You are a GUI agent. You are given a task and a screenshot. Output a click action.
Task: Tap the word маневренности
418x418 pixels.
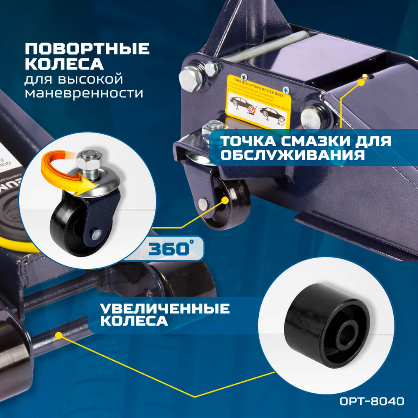84,93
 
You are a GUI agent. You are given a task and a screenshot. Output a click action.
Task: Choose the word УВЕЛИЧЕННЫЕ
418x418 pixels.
165,308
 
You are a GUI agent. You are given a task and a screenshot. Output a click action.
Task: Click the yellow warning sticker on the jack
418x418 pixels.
258,102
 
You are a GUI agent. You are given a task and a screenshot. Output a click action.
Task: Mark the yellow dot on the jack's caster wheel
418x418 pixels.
225,200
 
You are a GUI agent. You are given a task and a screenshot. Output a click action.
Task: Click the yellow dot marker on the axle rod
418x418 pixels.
59,335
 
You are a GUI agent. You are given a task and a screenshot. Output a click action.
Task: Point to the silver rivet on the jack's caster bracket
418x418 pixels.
203,204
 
